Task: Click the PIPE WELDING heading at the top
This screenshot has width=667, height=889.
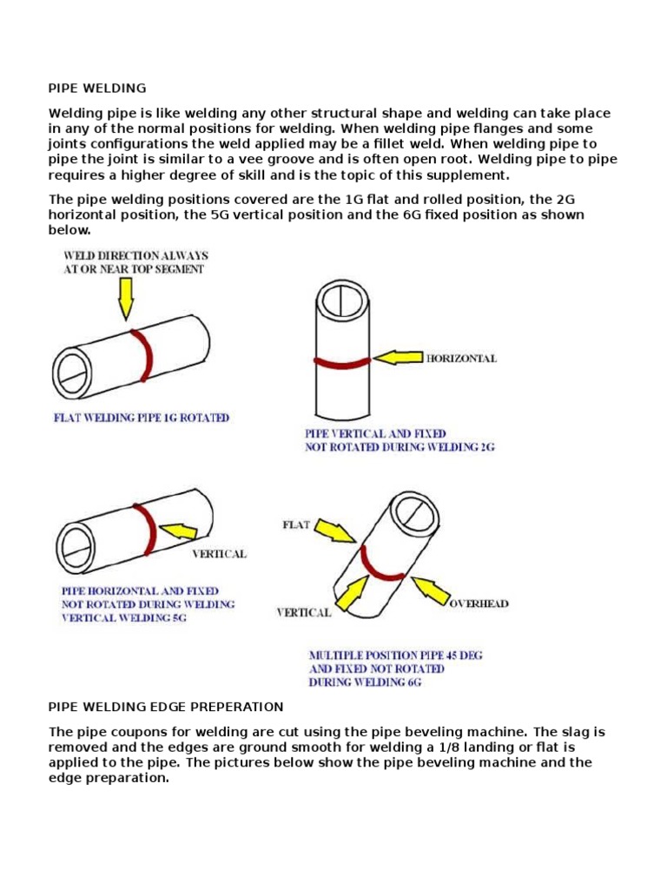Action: point(97,89)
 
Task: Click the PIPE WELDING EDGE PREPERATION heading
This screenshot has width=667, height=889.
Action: point(166,707)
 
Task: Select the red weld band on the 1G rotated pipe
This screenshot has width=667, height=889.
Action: point(143,356)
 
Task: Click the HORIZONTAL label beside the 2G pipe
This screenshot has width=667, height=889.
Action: point(460,359)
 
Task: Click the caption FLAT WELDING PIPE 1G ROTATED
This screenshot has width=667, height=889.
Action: point(142,418)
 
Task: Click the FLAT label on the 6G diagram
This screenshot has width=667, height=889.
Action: point(295,524)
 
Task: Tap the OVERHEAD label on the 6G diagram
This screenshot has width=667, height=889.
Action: point(478,603)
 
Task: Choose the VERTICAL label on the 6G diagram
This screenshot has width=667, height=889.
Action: point(303,612)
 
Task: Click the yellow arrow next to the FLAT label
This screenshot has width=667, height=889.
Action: point(337,532)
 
